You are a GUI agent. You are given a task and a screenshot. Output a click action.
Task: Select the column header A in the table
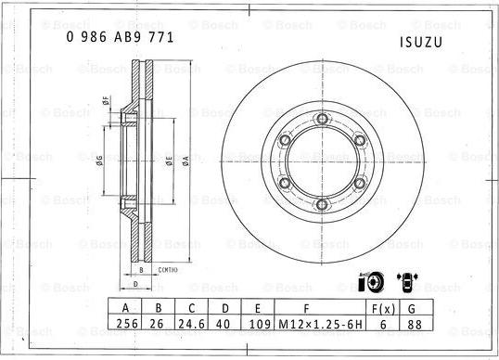124,307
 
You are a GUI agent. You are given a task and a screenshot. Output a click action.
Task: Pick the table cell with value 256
124,325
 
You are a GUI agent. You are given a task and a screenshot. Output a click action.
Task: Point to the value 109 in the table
261,325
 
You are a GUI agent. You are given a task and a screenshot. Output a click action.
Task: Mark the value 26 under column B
158,325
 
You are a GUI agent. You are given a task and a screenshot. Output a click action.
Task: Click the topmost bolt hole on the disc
321,118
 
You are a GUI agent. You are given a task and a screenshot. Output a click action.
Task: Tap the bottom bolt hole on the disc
321,205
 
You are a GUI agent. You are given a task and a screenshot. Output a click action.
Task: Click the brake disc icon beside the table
369,280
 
